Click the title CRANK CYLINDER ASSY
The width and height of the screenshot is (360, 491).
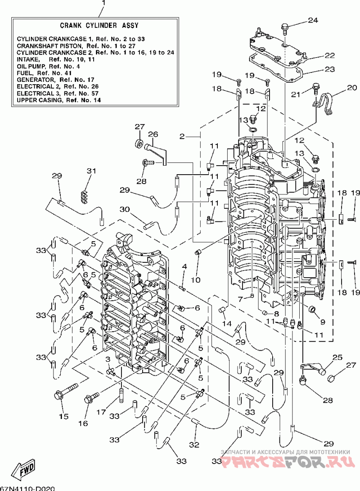[99, 25]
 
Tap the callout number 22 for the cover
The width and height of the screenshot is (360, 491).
[330, 55]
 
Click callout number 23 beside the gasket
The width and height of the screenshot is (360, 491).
[330, 69]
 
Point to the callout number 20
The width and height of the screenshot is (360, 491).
[352, 87]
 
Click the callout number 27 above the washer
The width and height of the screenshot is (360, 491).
[140, 126]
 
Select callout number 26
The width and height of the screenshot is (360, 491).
[153, 135]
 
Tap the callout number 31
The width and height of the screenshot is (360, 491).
[91, 171]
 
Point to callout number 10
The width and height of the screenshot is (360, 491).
[196, 279]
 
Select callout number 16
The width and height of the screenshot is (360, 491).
[83, 423]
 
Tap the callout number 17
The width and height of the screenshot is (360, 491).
[101, 412]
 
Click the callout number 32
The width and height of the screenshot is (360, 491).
[194, 445]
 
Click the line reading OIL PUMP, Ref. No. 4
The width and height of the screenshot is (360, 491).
[48, 67]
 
